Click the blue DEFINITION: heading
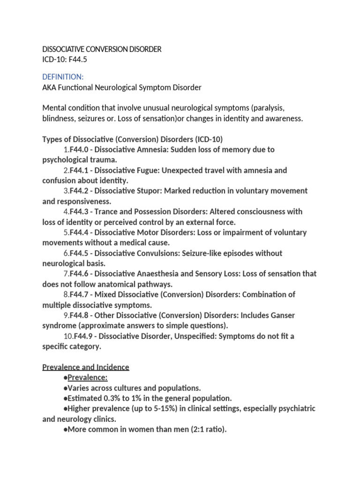click(x=63, y=76)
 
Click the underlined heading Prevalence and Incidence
click(x=86, y=367)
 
